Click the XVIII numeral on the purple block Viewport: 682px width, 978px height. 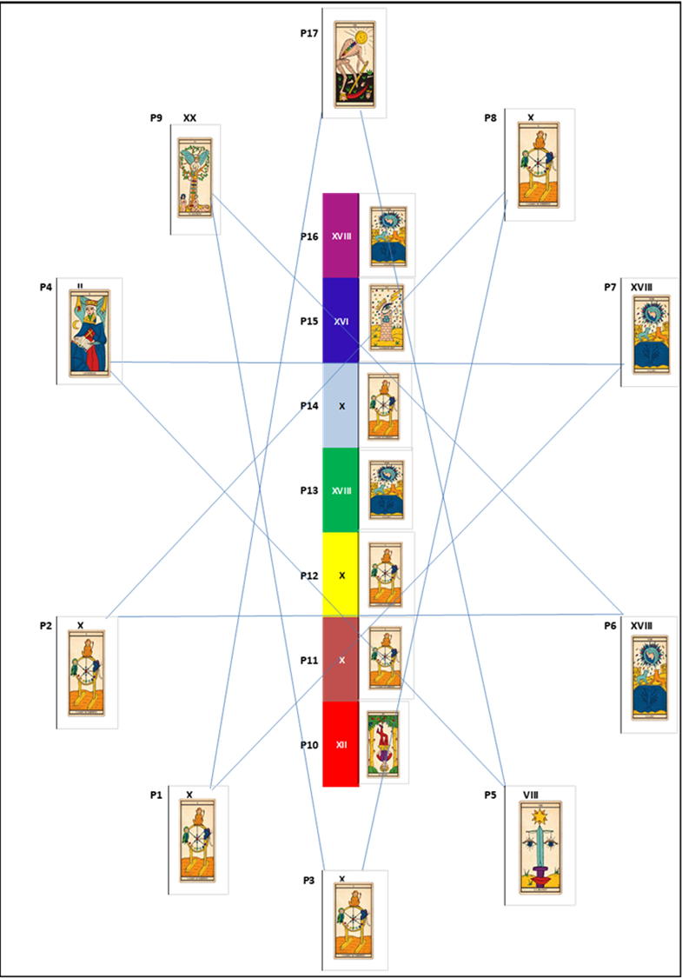point(341,236)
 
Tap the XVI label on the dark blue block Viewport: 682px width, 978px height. point(341,322)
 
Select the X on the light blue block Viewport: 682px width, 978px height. point(341,407)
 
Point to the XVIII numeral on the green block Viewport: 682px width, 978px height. point(341,490)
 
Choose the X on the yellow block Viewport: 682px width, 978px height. point(341,575)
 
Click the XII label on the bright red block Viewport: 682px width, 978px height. point(341,745)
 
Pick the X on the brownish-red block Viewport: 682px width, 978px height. point(341,661)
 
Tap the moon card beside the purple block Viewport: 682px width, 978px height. point(387,235)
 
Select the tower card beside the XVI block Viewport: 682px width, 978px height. point(386,317)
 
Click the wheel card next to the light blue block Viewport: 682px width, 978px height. point(384,405)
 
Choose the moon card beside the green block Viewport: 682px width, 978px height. point(387,489)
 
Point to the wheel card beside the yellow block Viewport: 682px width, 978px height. point(385,575)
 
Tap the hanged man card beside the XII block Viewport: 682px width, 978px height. point(384,744)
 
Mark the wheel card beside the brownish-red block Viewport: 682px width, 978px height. point(385,658)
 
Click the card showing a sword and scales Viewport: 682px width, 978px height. point(540,847)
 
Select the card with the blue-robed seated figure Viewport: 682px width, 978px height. point(89,332)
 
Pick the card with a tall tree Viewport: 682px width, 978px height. point(195,177)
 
